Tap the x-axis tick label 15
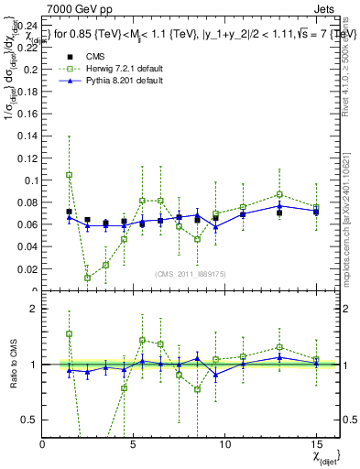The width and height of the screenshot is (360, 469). pyautogui.click(x=316, y=444)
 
